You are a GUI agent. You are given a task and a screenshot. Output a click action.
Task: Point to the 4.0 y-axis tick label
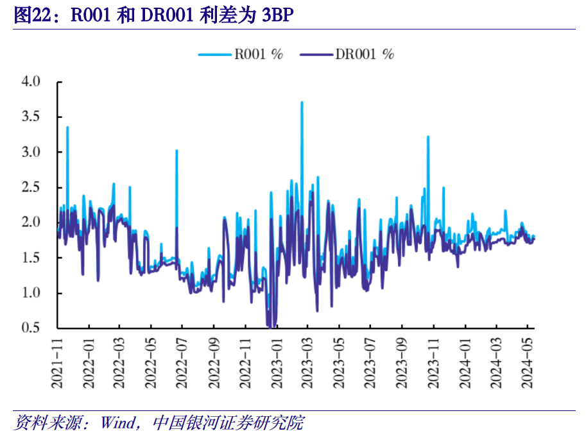click(x=30, y=82)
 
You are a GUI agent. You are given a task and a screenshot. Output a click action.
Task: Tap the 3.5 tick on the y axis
click(x=30, y=117)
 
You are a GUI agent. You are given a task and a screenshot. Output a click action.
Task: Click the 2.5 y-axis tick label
click(x=30, y=188)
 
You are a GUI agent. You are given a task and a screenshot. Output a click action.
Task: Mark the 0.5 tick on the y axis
click(x=30, y=328)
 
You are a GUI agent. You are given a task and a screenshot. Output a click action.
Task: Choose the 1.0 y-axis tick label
click(x=30, y=293)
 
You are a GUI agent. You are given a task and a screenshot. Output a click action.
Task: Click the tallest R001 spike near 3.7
click(x=302, y=103)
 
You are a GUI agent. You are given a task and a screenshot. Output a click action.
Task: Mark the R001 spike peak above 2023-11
click(x=428, y=137)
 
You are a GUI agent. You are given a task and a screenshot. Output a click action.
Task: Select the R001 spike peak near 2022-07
click(x=177, y=151)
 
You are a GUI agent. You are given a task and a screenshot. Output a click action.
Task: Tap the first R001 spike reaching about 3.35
click(x=67, y=128)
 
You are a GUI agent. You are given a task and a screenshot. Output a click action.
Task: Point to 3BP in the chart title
click(x=274, y=15)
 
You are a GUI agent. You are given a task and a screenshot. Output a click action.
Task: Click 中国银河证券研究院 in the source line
click(x=228, y=423)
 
